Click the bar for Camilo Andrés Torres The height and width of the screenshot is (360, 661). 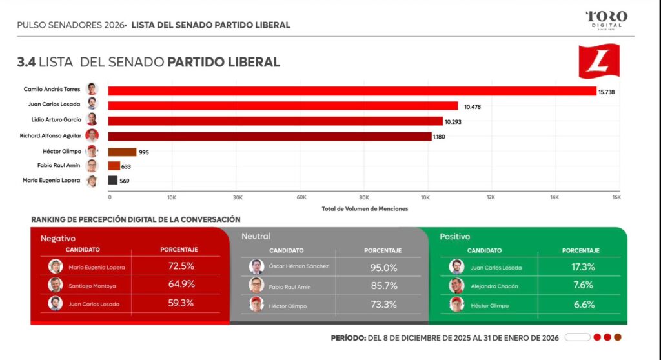(352, 92)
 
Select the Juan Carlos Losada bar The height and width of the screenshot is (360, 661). (283, 106)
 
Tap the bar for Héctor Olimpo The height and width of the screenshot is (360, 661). (122, 152)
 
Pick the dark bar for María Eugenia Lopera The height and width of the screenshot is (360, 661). (112, 181)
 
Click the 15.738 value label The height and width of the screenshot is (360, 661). (607, 92)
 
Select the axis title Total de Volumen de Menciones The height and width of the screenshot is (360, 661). (365, 208)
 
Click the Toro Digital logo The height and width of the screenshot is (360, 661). (606, 19)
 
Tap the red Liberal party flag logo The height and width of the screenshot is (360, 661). (598, 61)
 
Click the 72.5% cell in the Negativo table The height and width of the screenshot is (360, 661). (181, 266)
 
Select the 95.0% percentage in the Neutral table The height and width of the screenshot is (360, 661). (383, 267)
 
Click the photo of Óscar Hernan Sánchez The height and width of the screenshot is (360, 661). (256, 266)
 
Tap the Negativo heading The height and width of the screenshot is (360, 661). (58, 238)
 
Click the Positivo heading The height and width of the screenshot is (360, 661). (455, 237)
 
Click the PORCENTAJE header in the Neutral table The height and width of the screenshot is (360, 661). (383, 250)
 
